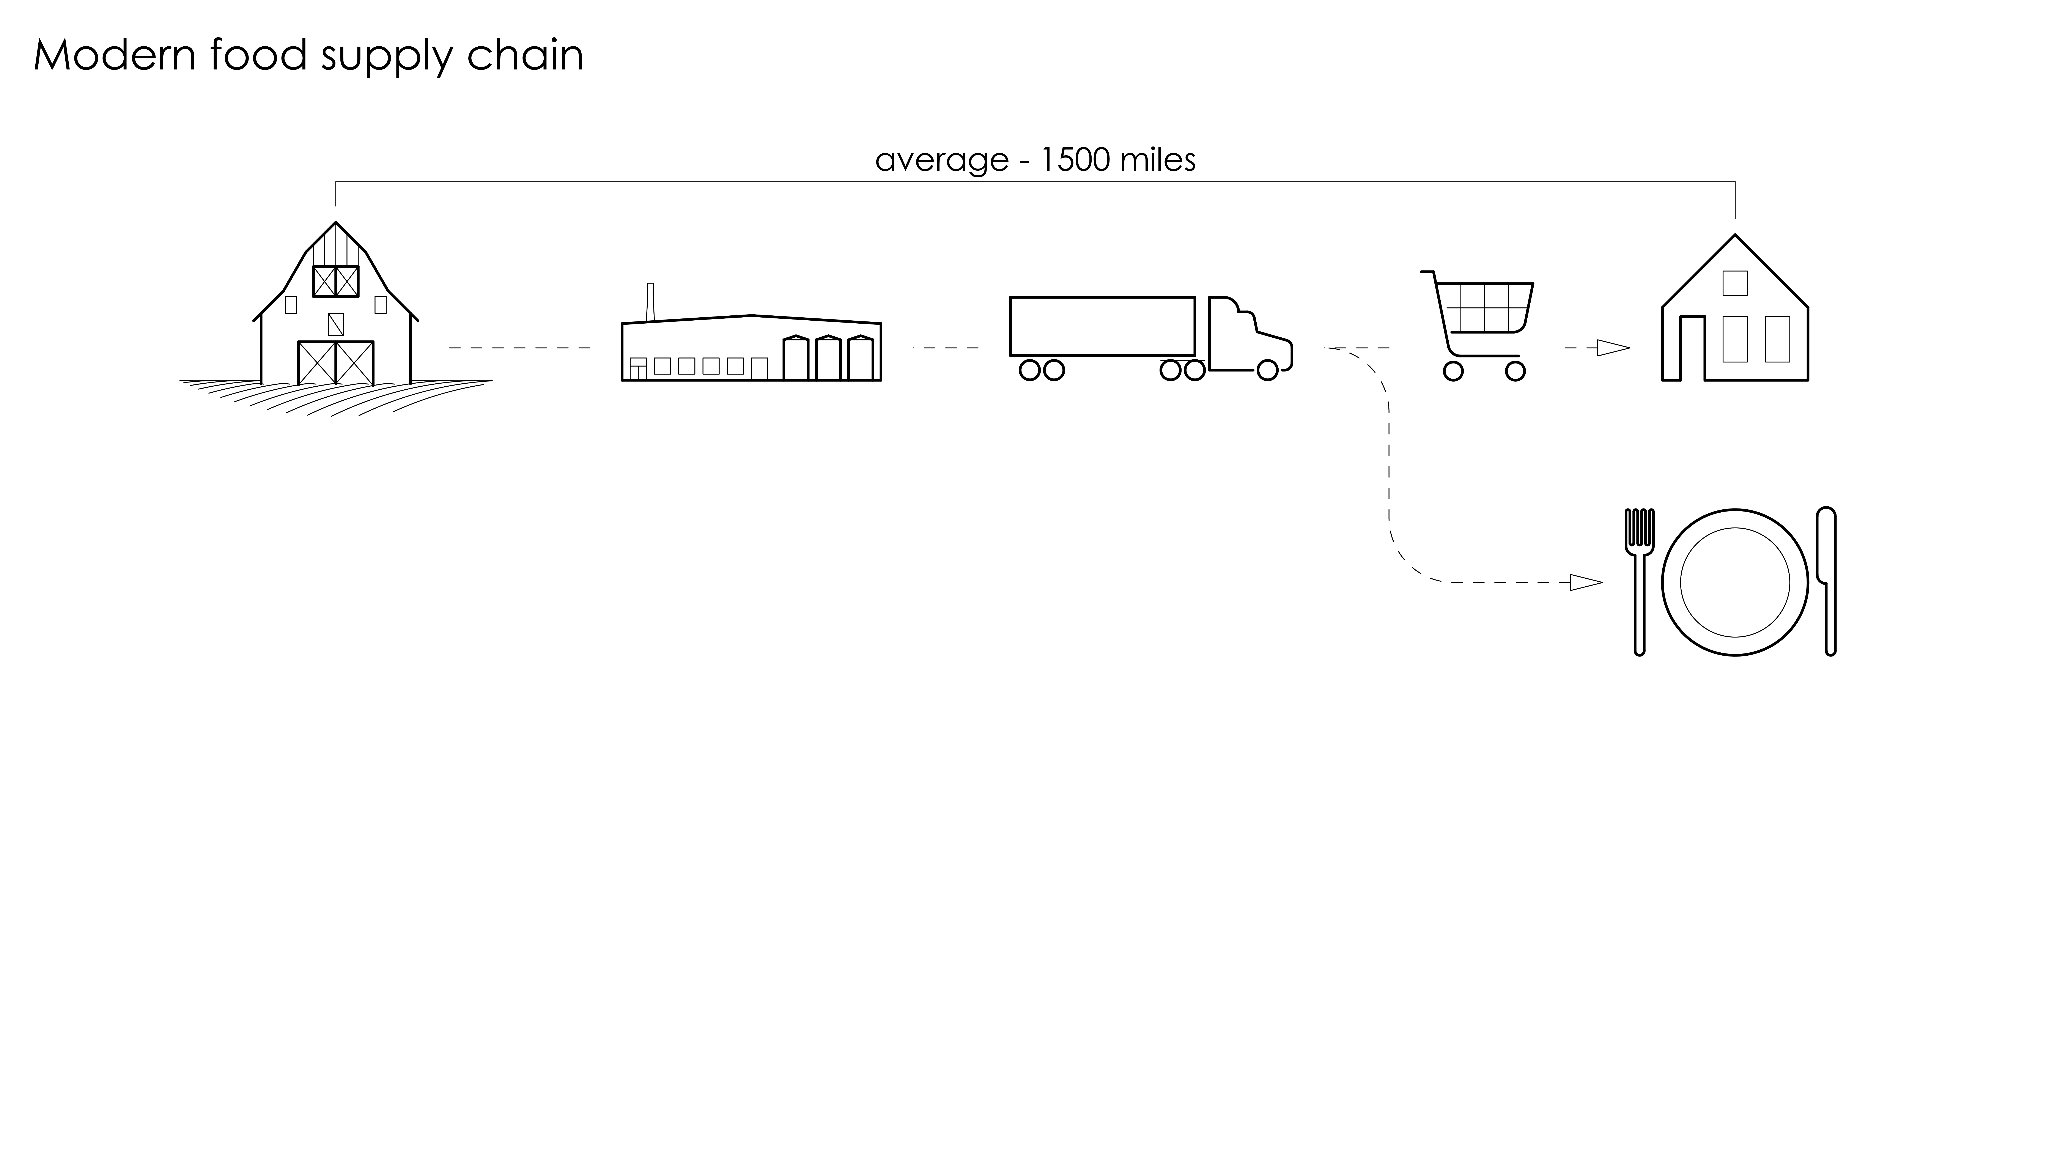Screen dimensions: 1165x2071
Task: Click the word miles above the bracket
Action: point(1158,160)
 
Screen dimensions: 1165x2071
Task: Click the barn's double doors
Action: point(335,363)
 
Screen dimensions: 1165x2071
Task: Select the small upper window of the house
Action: point(1735,283)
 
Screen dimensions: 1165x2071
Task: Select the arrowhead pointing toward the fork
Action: point(1585,582)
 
